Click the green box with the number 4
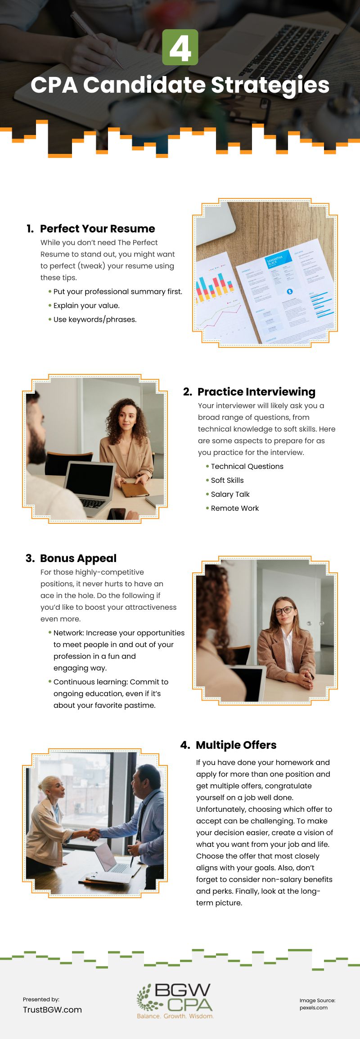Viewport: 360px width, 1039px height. [x=180, y=47]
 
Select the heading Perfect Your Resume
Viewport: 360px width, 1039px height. [x=97, y=229]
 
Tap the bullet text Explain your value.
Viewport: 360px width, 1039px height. [x=86, y=306]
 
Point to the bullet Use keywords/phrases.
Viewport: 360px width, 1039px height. [x=95, y=319]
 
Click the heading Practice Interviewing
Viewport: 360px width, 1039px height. [x=256, y=392]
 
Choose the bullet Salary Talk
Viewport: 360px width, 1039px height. [x=230, y=494]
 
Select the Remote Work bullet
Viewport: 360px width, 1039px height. [x=235, y=508]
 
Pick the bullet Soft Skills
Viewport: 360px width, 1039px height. [x=227, y=480]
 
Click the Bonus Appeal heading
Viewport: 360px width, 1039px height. [x=78, y=558]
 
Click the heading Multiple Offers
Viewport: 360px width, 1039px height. [x=236, y=745]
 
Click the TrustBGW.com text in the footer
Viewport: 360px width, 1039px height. [x=52, y=1010]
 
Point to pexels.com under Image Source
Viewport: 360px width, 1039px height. [x=314, y=1008]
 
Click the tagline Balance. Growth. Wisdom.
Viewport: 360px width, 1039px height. [x=175, y=1016]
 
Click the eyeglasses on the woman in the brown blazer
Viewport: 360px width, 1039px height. [x=283, y=611]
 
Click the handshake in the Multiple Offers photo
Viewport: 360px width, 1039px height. [x=94, y=834]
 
